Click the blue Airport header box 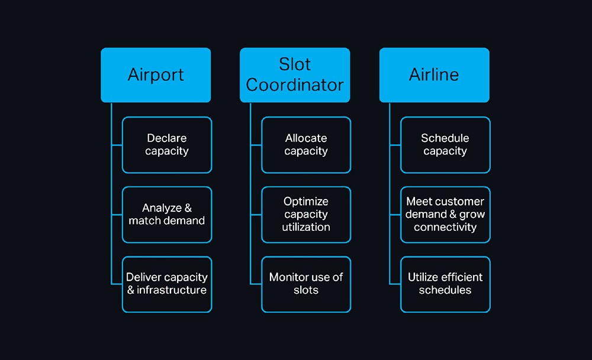point(156,75)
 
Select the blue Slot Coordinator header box point(295,75)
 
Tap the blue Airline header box point(434,75)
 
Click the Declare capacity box point(167,145)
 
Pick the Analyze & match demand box point(167,214)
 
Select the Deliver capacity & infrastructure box point(167,284)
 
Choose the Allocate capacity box point(306,145)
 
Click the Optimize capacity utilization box point(306,214)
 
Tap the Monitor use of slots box point(306,284)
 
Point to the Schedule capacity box point(445,145)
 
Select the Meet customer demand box point(445,214)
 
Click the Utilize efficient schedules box point(445,284)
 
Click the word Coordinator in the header point(295,85)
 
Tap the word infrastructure point(172,290)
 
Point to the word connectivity point(445,227)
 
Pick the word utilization point(306,227)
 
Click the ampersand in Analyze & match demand point(188,208)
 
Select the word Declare point(167,138)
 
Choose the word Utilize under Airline point(422,277)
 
